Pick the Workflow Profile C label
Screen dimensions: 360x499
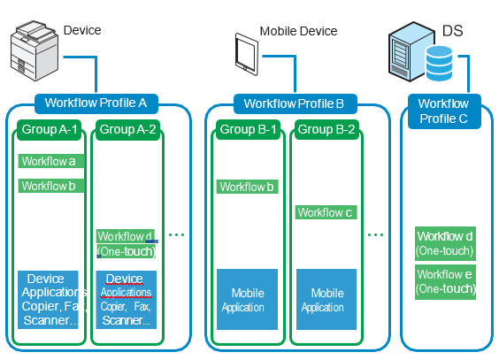click(x=443, y=111)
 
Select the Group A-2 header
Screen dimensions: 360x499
click(x=127, y=129)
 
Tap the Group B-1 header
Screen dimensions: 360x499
click(x=249, y=129)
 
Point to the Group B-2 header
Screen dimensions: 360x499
click(x=326, y=129)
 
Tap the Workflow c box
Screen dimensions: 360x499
click(x=326, y=212)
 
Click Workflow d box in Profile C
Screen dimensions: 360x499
click(x=444, y=243)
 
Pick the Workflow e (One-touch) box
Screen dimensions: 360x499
click(x=444, y=281)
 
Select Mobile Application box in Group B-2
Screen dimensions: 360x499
click(x=327, y=300)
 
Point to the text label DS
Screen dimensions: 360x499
click(x=452, y=32)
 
